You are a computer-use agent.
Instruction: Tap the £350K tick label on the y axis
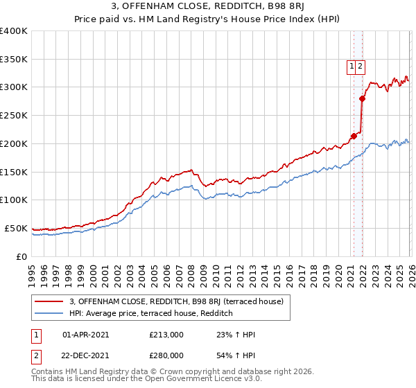pyautogui.click(x=13, y=59)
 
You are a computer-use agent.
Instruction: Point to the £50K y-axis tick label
pyautogui.click(x=15, y=228)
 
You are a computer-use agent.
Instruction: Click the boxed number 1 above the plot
pyautogui.click(x=352, y=67)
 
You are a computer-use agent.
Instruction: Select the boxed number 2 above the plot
pyautogui.click(x=361, y=67)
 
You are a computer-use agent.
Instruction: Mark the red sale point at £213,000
pyautogui.click(x=354, y=136)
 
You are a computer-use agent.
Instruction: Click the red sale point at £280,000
pyautogui.click(x=362, y=98)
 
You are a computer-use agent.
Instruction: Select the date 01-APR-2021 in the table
pyautogui.click(x=85, y=335)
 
